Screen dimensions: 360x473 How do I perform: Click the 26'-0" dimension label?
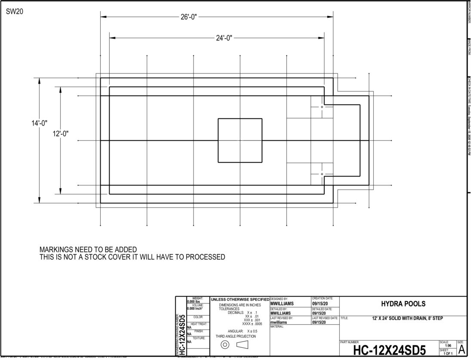pos(189,17)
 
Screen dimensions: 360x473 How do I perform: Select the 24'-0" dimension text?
pos(224,38)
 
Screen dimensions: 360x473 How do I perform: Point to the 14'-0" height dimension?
pos(39,123)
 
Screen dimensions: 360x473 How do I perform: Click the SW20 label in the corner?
pos(15,12)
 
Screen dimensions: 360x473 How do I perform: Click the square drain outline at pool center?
pos(240,140)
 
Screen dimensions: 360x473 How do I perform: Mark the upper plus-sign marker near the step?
pos(322,107)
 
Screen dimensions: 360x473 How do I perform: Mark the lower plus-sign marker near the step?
pos(322,174)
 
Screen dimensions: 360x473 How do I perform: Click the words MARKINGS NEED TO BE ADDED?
pos(88,250)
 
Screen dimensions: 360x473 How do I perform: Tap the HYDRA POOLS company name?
pos(403,304)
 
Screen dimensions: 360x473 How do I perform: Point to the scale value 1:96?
pos(448,345)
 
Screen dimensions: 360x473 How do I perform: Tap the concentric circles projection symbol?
pos(224,345)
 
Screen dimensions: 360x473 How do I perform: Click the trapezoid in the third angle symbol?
pos(243,345)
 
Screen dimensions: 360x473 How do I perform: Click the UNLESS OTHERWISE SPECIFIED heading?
pos(240,299)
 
